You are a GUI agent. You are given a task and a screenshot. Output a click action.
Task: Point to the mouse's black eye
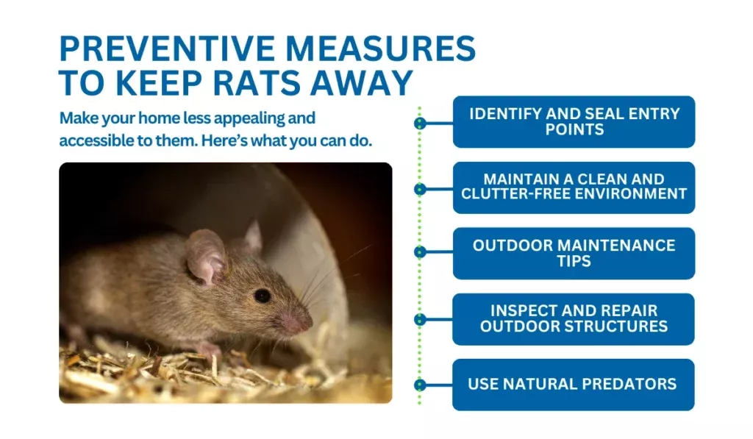point(262,296)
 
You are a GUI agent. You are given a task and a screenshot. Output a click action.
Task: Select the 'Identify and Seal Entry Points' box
point(574,121)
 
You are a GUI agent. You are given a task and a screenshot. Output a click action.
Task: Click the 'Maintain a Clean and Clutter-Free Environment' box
point(574,187)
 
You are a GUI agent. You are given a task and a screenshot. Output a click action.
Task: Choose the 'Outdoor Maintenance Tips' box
point(574,253)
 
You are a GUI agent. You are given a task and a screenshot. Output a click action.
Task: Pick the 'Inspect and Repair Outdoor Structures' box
point(574,318)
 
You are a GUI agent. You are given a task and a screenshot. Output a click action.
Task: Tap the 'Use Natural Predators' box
point(574,384)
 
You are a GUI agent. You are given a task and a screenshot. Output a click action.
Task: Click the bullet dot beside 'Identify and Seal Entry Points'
point(420,123)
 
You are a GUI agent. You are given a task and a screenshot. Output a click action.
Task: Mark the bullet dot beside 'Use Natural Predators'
point(420,385)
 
